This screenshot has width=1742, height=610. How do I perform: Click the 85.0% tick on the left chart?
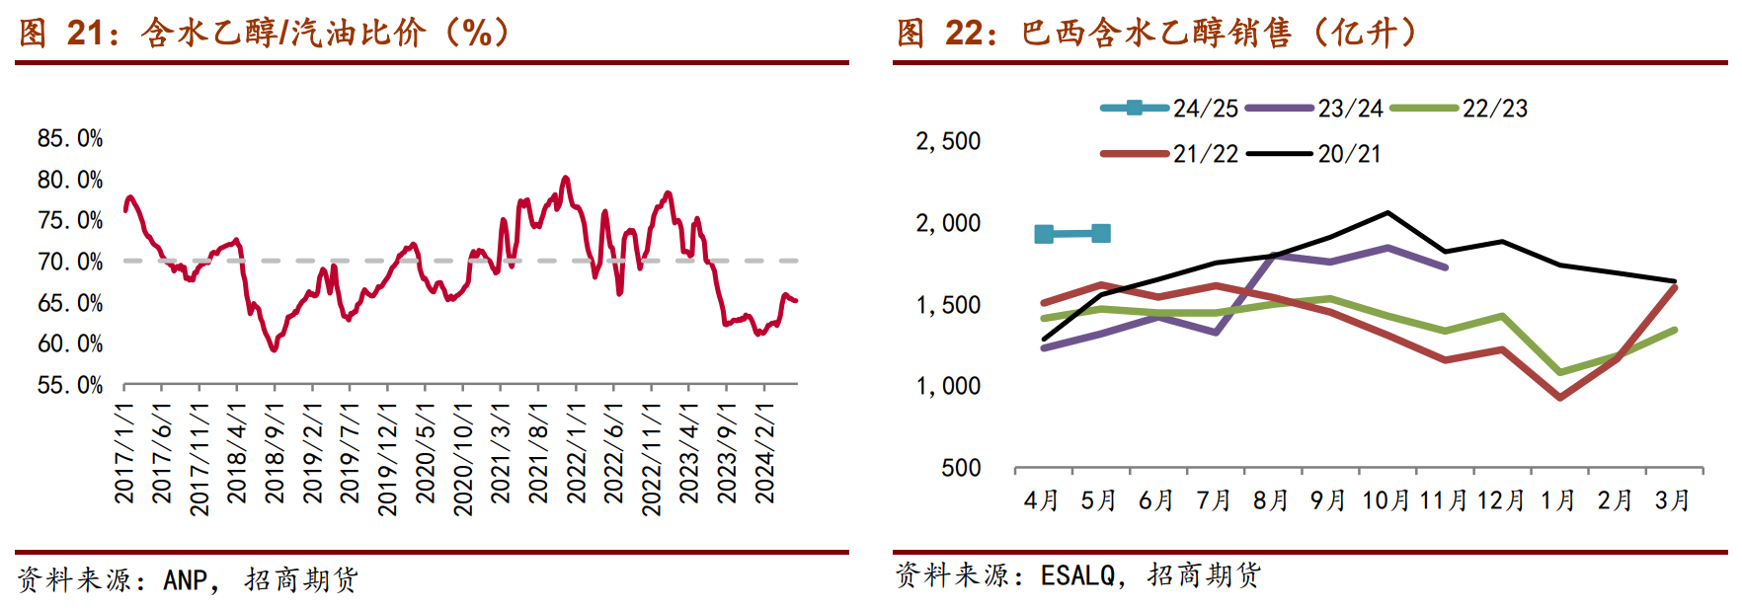click(70, 138)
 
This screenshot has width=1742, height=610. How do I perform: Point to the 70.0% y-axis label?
click(70, 262)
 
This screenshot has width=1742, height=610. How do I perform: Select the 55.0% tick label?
click(70, 385)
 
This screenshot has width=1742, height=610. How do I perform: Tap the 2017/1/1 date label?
click(124, 452)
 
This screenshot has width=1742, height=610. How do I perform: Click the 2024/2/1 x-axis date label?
click(764, 452)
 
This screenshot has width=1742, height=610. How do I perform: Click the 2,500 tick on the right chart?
click(948, 141)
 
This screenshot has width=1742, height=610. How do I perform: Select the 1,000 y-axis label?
click(948, 386)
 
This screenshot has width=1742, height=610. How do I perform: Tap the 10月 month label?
click(1386, 500)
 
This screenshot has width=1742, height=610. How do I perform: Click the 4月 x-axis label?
click(1042, 500)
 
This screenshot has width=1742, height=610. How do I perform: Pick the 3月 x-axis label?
click(1673, 500)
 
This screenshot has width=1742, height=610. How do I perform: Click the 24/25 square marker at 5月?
click(1101, 233)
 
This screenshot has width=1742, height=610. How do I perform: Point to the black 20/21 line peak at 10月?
click(1387, 212)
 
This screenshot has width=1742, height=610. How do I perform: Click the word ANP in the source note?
click(185, 579)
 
